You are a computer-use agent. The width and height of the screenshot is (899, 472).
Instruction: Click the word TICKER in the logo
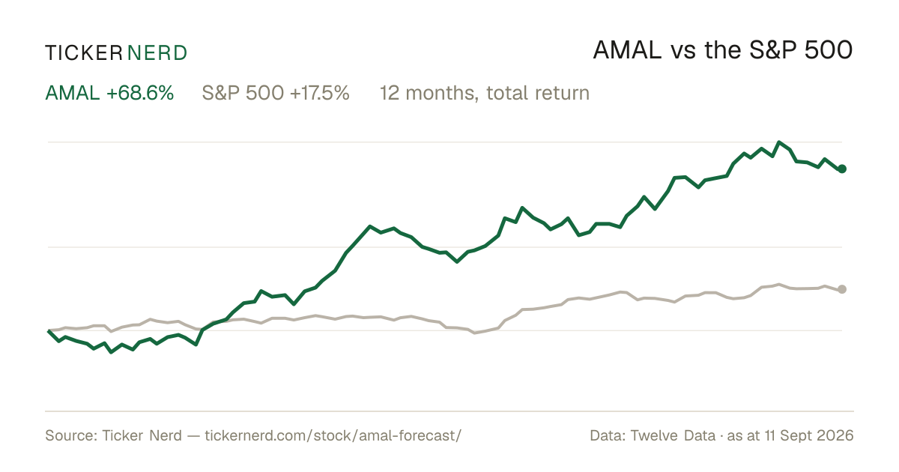(x=84, y=53)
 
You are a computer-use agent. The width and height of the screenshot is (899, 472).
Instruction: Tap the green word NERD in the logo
(x=157, y=53)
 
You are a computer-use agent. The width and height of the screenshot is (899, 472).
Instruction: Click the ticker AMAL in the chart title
(x=627, y=50)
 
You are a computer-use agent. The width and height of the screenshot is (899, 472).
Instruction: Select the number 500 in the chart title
(x=829, y=50)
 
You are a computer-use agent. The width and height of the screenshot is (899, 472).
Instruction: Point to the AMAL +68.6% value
(x=109, y=93)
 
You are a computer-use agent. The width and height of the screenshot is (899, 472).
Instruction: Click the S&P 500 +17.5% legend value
(x=276, y=93)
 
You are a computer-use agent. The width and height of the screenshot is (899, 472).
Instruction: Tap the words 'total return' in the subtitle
(x=538, y=93)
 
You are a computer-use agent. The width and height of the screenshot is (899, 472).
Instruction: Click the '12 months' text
(x=429, y=94)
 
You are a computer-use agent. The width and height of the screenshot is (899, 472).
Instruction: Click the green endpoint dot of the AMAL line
(x=842, y=169)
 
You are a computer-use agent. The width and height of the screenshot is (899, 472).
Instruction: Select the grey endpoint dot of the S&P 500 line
(x=842, y=289)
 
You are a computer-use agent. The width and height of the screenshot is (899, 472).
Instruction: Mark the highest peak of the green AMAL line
(x=779, y=142)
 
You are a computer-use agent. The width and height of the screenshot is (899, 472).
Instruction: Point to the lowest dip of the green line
(x=111, y=352)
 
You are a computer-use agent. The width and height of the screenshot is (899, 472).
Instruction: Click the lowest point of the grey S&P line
(x=475, y=333)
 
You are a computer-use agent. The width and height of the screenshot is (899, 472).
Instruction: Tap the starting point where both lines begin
(x=49, y=330)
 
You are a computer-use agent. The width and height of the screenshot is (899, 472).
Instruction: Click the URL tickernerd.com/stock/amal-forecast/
(x=333, y=435)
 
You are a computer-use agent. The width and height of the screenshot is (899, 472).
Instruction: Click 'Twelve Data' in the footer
(x=673, y=435)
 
